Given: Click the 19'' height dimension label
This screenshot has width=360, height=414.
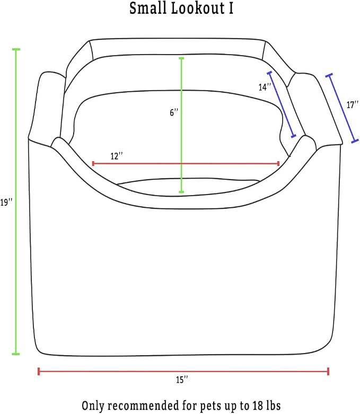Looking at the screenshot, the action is point(6,202).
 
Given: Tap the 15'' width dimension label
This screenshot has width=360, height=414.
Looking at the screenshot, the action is point(182,380).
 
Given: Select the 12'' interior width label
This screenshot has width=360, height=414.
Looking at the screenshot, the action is point(117,156).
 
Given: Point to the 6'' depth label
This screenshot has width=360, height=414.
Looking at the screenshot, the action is point(174,112).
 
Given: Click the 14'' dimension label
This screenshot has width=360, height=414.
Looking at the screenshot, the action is point(265,87).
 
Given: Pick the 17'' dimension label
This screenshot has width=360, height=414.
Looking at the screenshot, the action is point(353,105).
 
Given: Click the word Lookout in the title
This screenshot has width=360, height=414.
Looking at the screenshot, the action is point(198,8).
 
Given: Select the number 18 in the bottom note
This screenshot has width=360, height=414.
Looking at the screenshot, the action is point(258,406).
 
